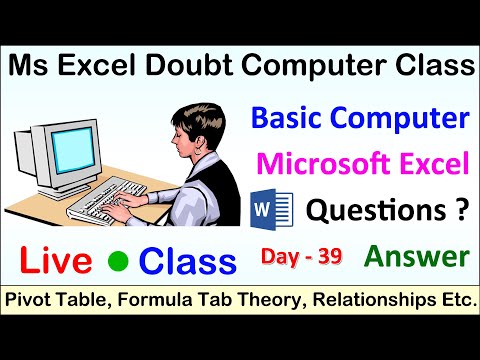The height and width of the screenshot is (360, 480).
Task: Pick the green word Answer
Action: (417, 257)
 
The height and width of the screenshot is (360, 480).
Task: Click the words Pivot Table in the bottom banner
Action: (52, 300)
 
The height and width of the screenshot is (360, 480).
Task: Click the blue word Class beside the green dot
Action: (188, 262)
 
